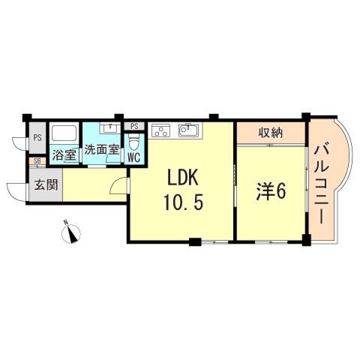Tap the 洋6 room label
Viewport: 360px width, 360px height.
coord(270,192)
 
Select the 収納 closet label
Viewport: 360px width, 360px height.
coord(271,133)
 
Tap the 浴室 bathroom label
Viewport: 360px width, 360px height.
coord(64,156)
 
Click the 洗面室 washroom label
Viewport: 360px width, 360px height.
coord(101,150)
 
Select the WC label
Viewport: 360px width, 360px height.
coord(134,157)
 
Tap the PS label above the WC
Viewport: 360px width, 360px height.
coord(135,125)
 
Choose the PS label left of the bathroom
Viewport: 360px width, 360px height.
coord(36,138)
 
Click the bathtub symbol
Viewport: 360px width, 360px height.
coord(64,135)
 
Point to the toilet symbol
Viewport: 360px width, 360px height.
coord(134,141)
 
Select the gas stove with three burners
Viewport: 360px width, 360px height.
coord(161,132)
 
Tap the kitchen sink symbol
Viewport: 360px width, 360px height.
coord(188,132)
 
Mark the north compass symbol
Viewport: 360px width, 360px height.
coord(72,233)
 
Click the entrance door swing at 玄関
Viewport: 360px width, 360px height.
coord(16,191)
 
